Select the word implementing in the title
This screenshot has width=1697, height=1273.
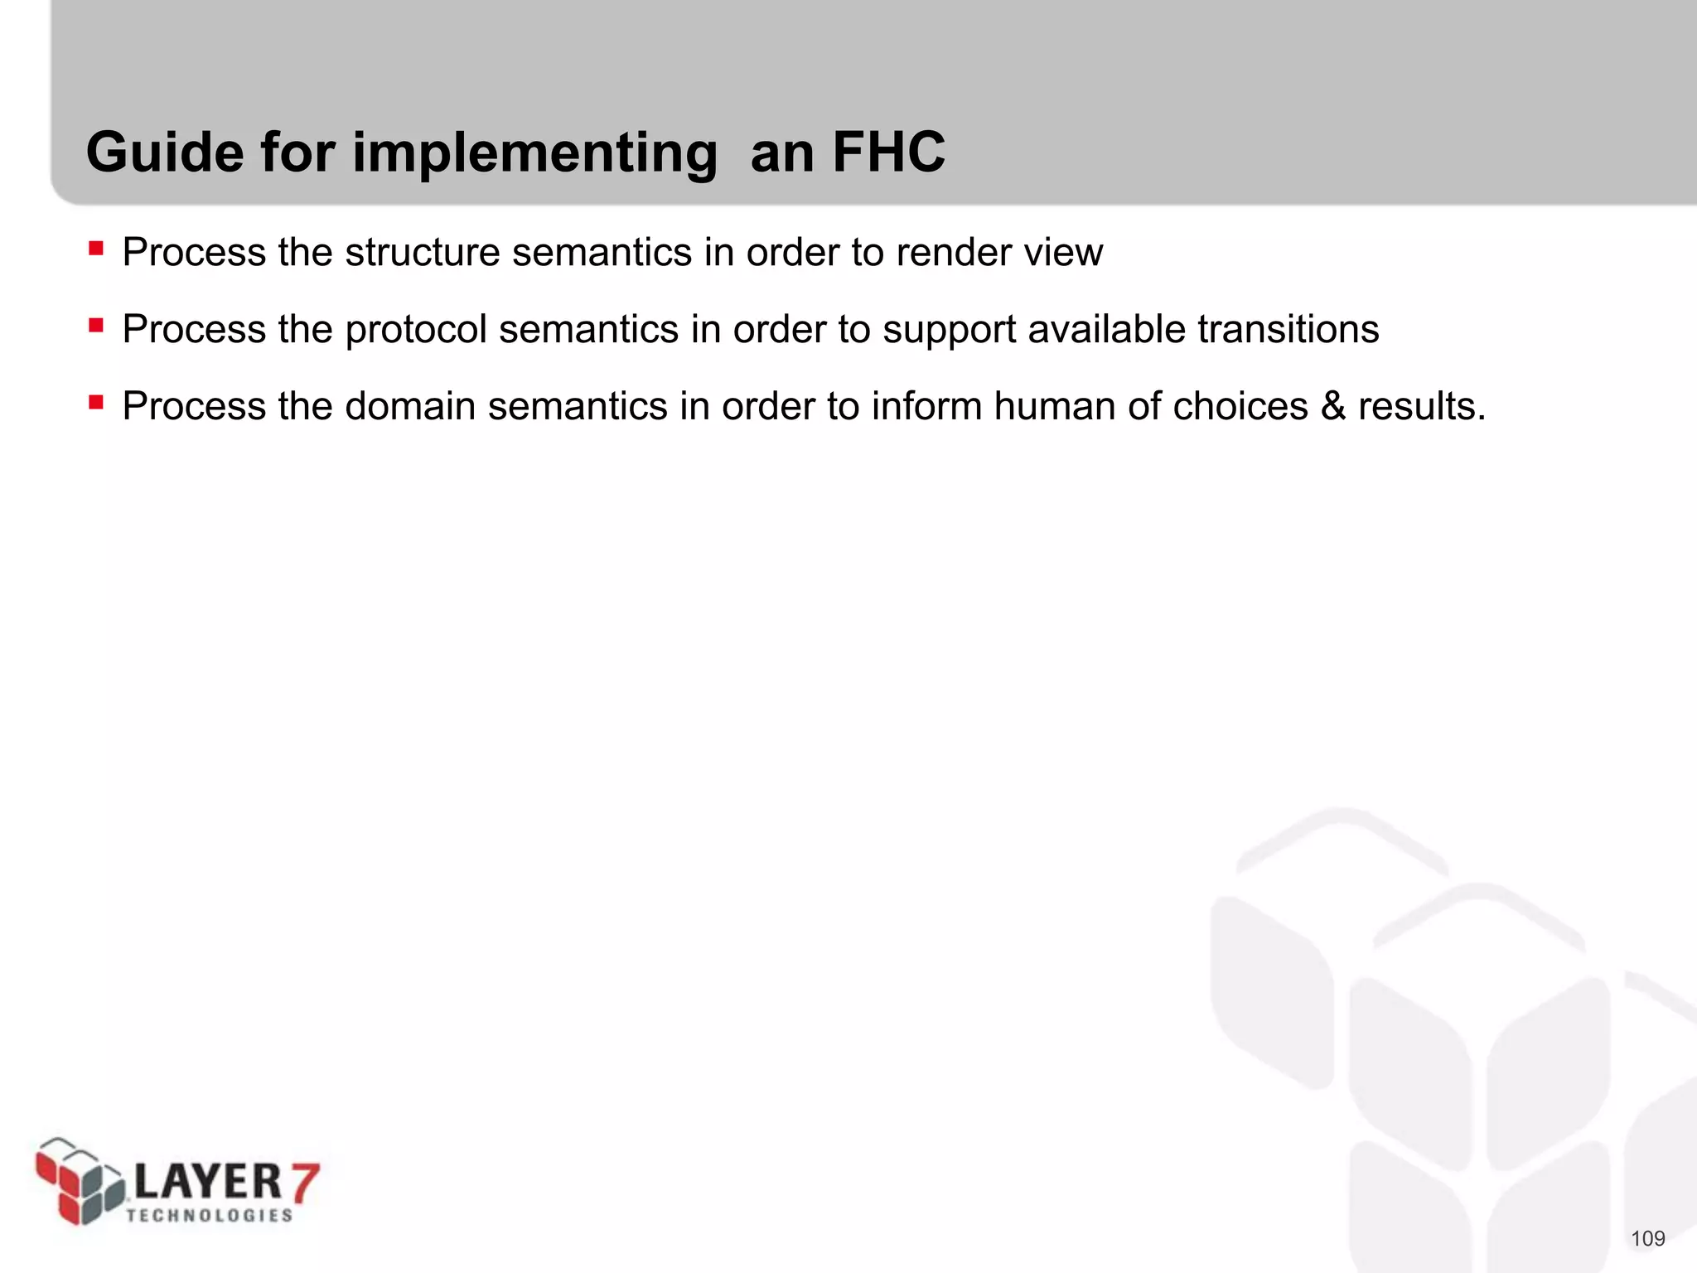click(534, 154)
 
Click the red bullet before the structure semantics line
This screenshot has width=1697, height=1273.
click(96, 248)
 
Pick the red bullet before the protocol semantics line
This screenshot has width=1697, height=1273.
click(96, 325)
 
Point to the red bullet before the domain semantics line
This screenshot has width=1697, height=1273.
click(96, 402)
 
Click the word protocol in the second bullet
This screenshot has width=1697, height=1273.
click(415, 330)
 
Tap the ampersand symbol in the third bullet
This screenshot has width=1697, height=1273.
click(1333, 406)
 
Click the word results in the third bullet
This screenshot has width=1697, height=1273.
click(1420, 406)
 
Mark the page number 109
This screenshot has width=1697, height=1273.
click(1647, 1239)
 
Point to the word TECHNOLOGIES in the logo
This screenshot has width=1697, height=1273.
click(210, 1215)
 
